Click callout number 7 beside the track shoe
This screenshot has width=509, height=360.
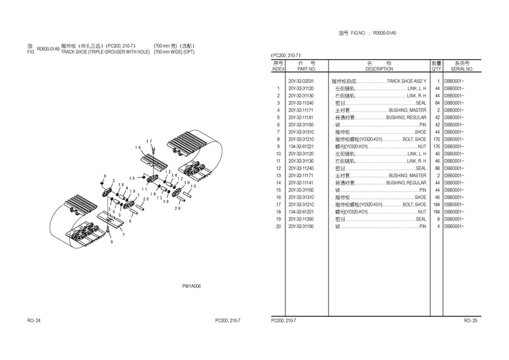pos(124,234)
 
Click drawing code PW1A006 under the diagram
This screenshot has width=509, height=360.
pos(192,286)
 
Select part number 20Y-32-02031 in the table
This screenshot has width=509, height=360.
pos(301,81)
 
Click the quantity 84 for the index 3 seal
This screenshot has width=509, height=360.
pos(436,103)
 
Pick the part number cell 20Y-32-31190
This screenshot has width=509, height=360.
pos(301,227)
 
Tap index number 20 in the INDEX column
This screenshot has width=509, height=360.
pos(278,227)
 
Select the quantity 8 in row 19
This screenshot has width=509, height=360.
pos(437,219)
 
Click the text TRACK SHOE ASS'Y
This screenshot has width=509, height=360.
pos(406,81)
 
